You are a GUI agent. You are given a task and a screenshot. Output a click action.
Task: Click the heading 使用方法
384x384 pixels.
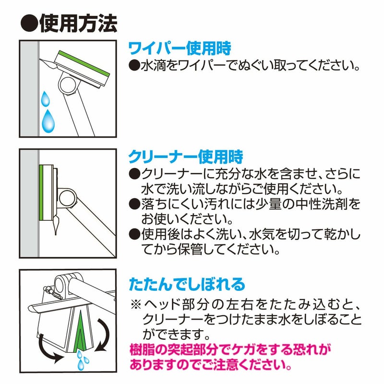click(x=78, y=24)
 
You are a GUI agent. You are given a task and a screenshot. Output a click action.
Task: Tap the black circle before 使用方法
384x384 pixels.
click(x=29, y=24)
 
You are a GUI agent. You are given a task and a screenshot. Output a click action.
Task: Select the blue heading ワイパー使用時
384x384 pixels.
click(x=180, y=48)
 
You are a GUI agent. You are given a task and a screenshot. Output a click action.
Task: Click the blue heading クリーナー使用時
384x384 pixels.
click(x=186, y=157)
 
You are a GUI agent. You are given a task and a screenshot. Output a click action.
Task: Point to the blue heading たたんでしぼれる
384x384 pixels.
click(x=187, y=284)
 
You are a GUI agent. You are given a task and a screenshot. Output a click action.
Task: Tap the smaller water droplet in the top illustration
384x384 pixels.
click(x=45, y=98)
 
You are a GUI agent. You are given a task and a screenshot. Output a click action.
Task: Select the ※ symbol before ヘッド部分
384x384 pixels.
click(x=136, y=305)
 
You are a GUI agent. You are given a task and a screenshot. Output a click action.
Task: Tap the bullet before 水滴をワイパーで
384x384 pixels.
click(x=134, y=66)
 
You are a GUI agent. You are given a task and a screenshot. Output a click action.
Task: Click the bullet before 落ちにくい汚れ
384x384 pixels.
click(x=134, y=204)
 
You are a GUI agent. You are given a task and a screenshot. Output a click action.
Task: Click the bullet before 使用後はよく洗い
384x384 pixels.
click(x=134, y=234)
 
